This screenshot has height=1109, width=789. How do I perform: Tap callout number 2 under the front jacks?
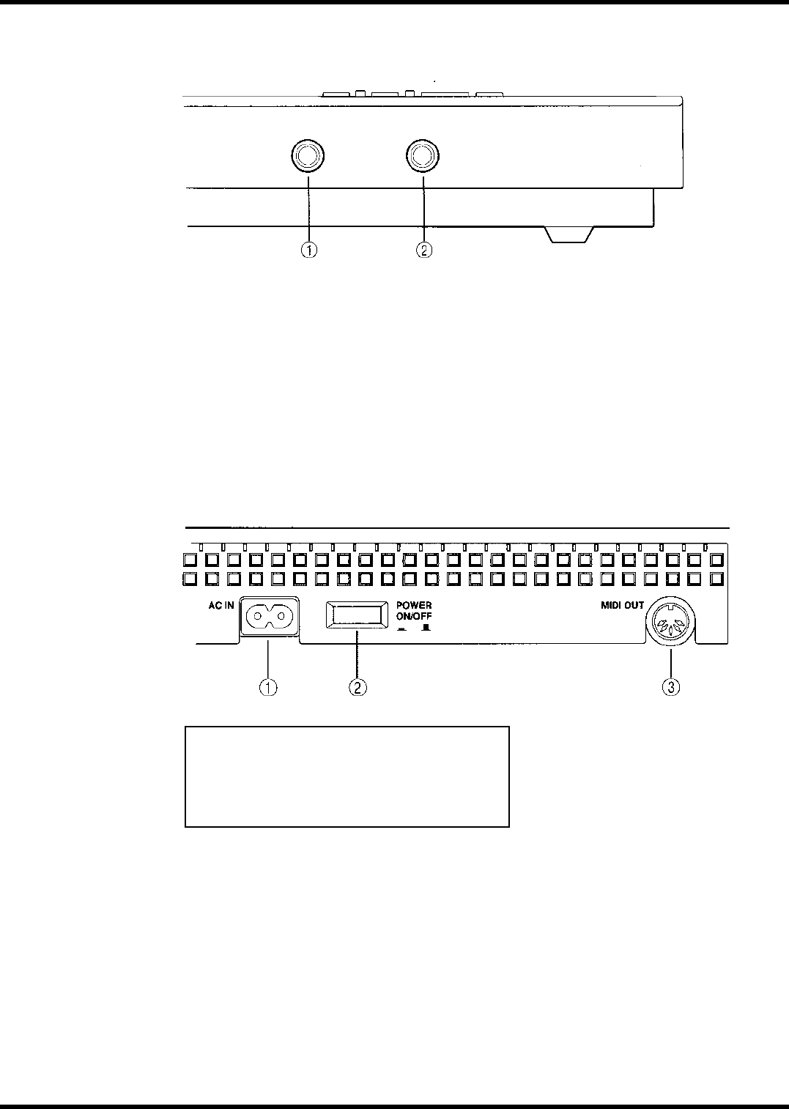423,251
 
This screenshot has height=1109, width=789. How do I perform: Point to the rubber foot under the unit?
570,235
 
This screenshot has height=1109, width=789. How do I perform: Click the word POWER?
414,606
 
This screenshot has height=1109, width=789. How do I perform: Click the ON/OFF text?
414,616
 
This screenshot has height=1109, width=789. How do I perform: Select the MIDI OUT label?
618,606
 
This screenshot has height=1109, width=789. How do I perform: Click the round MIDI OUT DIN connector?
672,628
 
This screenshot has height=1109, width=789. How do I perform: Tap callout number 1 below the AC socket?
270,688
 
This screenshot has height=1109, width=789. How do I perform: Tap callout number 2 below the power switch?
357,688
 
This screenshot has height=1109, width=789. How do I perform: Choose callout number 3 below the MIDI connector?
671,688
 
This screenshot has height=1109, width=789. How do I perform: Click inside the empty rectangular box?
347,776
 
